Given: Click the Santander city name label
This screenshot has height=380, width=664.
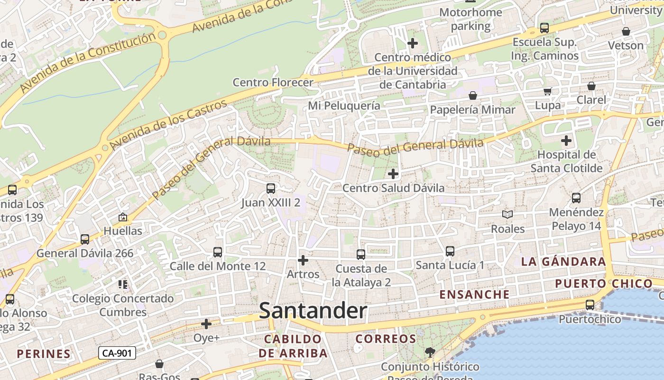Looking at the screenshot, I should tap(313, 311).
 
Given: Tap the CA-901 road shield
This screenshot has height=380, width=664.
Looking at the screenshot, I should tap(117, 353).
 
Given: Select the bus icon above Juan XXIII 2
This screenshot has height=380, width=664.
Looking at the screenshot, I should tap(271, 189).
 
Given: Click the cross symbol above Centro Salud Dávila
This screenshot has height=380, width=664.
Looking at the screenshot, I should tap(393, 174).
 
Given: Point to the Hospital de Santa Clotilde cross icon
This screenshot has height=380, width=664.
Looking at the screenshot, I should tap(566, 141).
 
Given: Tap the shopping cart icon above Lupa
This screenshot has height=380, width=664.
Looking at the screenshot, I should tap(548, 91).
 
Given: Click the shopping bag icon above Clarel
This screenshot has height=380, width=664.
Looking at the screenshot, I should tap(591, 86).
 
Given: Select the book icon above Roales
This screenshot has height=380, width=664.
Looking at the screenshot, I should tap(507, 215).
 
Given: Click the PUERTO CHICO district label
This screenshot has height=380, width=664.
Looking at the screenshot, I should tap(604, 284).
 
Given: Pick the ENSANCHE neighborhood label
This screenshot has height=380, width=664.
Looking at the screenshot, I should tap(474, 294).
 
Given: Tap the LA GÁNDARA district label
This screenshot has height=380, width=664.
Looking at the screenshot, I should tap(563, 261).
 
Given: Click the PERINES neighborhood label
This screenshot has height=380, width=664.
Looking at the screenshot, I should tap(44, 354).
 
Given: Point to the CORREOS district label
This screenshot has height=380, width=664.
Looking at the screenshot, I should tap(386, 339).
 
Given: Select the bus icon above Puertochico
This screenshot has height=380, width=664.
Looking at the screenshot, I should tap(590, 305).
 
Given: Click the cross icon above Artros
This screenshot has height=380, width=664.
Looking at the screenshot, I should tap(303, 260).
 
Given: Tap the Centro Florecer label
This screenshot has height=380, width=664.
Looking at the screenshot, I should tap(273, 82).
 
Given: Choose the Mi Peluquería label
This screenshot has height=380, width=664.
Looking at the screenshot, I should tap(344, 105).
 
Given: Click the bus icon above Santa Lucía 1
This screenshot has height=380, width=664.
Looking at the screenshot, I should tap(450, 251).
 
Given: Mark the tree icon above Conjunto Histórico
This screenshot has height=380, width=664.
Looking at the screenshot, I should tap(430, 352).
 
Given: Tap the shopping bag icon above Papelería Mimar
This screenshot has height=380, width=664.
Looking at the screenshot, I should tap(473, 95).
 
